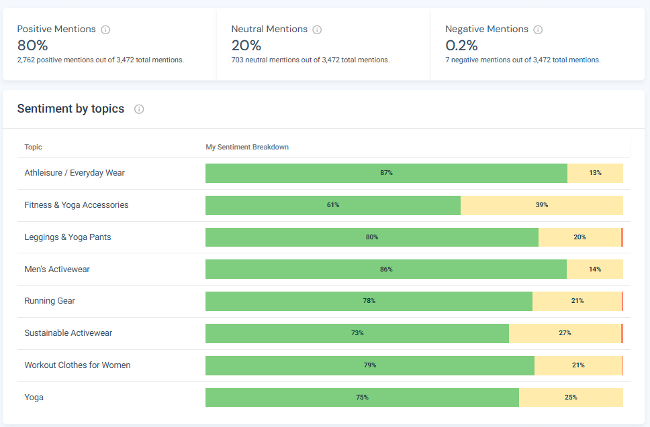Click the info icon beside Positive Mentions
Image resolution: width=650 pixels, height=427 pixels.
(105, 29)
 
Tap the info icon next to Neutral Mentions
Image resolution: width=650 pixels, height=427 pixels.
(317, 29)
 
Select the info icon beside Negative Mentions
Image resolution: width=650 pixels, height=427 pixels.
(538, 29)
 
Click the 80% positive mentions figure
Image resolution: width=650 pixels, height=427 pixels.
(32, 46)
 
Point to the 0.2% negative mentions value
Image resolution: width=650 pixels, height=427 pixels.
(461, 46)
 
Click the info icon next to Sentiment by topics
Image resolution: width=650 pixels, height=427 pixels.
(139, 109)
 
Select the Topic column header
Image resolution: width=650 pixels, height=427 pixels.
(33, 147)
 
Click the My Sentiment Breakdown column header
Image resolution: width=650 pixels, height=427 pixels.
(246, 147)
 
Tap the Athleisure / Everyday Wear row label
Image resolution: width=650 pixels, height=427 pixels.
(75, 173)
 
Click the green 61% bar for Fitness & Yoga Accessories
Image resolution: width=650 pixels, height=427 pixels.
(332, 205)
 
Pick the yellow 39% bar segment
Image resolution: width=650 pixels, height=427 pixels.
(541, 205)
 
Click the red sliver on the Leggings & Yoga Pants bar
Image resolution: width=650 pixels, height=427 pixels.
(622, 237)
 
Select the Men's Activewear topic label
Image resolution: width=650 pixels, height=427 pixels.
(57, 269)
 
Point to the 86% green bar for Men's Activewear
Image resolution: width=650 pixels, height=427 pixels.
(385, 269)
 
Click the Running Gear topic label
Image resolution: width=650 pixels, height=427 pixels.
(50, 301)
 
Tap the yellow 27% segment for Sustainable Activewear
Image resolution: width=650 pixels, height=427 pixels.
(564, 333)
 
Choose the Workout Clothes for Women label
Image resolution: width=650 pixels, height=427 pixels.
(77, 365)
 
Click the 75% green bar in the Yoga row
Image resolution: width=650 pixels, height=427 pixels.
(362, 398)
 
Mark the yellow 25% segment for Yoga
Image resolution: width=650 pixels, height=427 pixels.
(571, 398)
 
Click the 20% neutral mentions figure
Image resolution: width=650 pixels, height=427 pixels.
(246, 46)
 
